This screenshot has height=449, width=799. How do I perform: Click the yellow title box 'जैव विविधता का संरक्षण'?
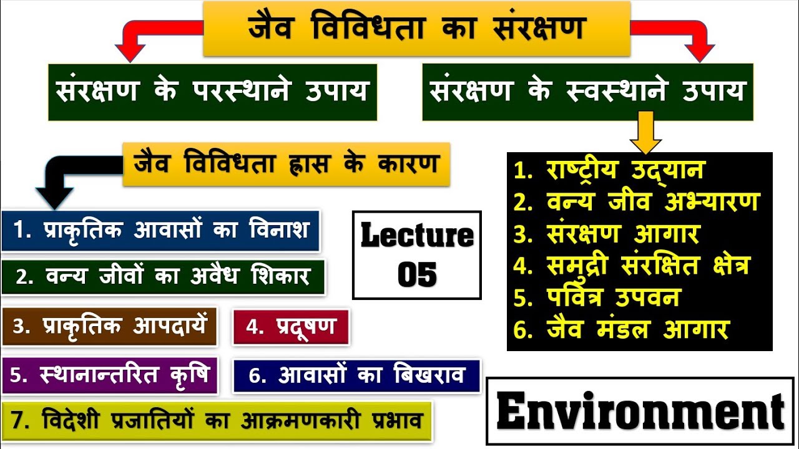point(417,29)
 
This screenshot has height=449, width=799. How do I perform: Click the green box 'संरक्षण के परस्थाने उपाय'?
point(212,92)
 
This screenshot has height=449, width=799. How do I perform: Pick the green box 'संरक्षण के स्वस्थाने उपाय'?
point(587,92)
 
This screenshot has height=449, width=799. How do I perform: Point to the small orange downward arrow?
point(645,132)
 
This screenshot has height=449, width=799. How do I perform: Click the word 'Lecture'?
point(417,236)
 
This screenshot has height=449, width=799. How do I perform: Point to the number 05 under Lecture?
point(417,274)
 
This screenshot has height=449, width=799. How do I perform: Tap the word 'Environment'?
point(640,412)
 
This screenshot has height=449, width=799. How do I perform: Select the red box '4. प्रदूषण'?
point(290,326)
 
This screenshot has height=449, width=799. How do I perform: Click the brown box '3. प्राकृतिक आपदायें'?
point(109,326)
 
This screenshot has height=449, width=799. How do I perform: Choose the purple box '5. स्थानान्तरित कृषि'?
point(110,375)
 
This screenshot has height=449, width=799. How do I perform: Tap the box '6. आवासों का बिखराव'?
point(356,375)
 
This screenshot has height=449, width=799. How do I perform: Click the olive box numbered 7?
point(216,420)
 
